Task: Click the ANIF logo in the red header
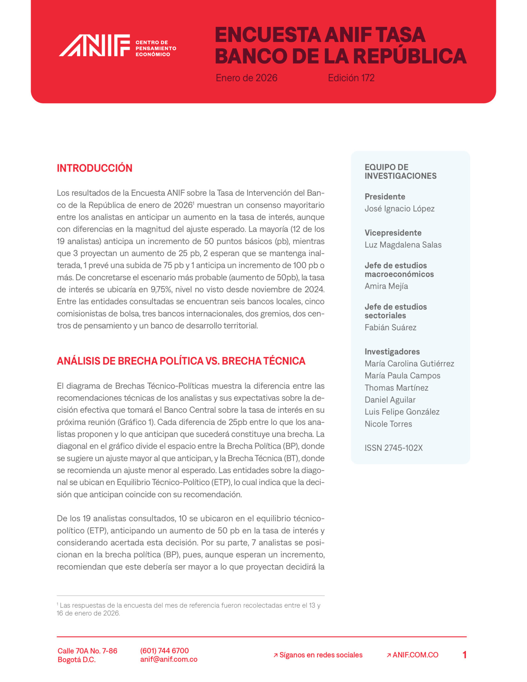click(x=94, y=45)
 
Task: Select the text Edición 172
click(x=351, y=78)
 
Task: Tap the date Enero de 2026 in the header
click(x=246, y=78)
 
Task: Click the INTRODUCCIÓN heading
click(x=95, y=168)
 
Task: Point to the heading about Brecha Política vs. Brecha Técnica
click(x=181, y=361)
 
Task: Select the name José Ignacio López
click(x=399, y=209)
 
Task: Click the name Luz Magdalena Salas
click(x=403, y=245)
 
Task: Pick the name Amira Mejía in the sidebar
click(x=386, y=286)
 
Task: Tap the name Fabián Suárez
click(x=390, y=327)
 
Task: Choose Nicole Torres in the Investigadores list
click(x=388, y=424)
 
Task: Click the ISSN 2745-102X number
click(x=393, y=448)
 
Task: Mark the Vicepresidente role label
click(x=393, y=233)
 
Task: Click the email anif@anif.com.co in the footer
click(x=168, y=659)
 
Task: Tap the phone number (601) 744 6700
click(x=164, y=651)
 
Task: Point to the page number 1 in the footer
click(x=464, y=655)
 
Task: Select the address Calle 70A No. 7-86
click(x=87, y=651)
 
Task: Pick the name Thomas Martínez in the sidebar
click(x=396, y=388)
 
